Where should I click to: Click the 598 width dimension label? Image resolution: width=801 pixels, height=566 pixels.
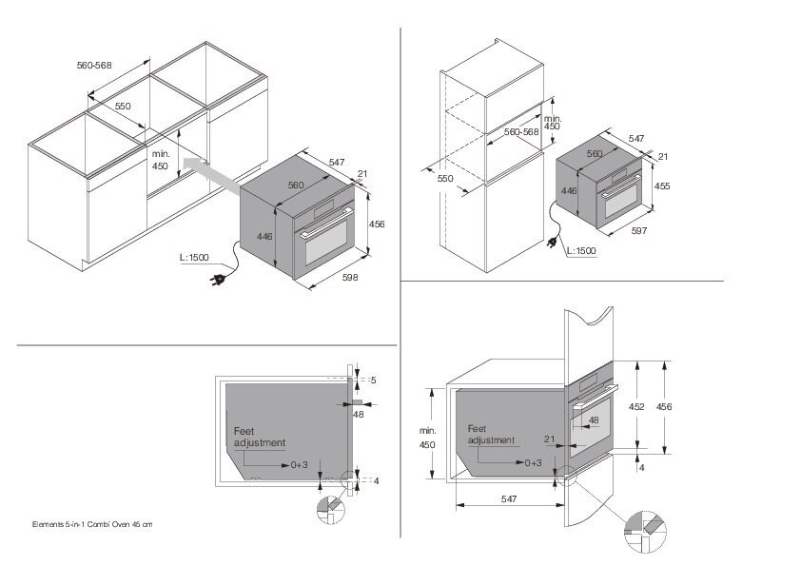[350, 278]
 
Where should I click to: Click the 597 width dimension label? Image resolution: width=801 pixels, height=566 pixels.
[639, 231]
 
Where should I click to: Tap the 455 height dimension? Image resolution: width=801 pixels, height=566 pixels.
[662, 185]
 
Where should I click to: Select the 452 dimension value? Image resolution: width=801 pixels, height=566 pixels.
[636, 406]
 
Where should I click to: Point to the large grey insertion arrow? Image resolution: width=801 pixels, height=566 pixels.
[211, 175]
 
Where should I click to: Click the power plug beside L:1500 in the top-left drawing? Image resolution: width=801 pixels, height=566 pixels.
[218, 280]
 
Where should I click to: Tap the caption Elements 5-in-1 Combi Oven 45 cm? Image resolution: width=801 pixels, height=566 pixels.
[92, 524]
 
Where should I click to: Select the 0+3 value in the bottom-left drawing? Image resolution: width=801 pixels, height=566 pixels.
[300, 465]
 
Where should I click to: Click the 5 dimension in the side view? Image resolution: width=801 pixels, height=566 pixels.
[374, 381]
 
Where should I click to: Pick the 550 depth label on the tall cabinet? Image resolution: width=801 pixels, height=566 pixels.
[445, 178]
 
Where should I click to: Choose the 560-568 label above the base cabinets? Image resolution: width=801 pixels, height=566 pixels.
[94, 66]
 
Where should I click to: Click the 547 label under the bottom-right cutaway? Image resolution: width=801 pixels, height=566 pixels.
[509, 499]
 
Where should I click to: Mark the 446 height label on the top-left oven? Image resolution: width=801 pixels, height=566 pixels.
[264, 237]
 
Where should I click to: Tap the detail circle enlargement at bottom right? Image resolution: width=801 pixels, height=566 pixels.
[645, 531]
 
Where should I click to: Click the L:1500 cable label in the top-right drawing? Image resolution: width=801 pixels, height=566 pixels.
[581, 251]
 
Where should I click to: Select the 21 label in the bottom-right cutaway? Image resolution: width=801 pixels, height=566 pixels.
[550, 439]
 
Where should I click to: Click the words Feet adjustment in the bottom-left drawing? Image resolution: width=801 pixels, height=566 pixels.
[260, 438]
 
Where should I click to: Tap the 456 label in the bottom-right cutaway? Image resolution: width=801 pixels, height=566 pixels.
[664, 406]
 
